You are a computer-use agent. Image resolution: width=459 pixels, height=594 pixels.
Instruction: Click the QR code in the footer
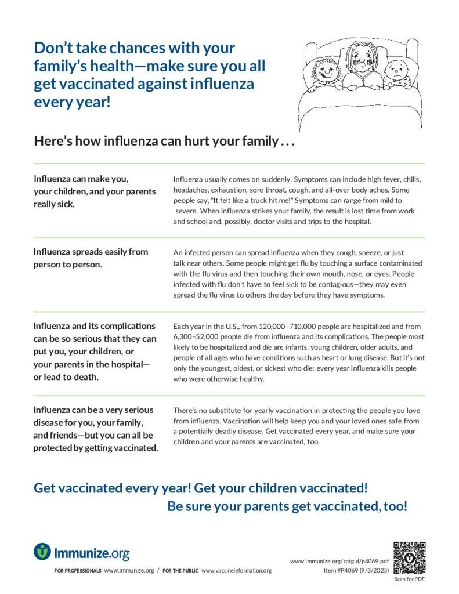point(410,557)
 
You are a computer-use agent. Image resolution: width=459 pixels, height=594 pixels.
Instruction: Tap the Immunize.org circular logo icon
point(42,551)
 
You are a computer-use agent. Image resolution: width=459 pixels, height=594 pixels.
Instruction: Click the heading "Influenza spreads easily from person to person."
point(91,258)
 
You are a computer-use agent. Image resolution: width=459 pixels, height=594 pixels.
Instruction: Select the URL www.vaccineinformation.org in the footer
point(236,571)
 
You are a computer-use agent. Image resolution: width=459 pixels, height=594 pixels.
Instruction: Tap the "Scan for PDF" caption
point(410,579)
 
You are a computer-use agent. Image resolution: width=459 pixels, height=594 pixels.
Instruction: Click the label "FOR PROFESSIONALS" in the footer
point(78,571)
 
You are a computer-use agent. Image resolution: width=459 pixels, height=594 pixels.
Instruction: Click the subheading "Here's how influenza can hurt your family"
point(165,141)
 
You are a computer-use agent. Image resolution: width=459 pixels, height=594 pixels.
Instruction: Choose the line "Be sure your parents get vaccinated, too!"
point(287,506)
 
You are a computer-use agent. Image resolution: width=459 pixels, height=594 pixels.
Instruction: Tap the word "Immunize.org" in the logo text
point(92,552)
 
